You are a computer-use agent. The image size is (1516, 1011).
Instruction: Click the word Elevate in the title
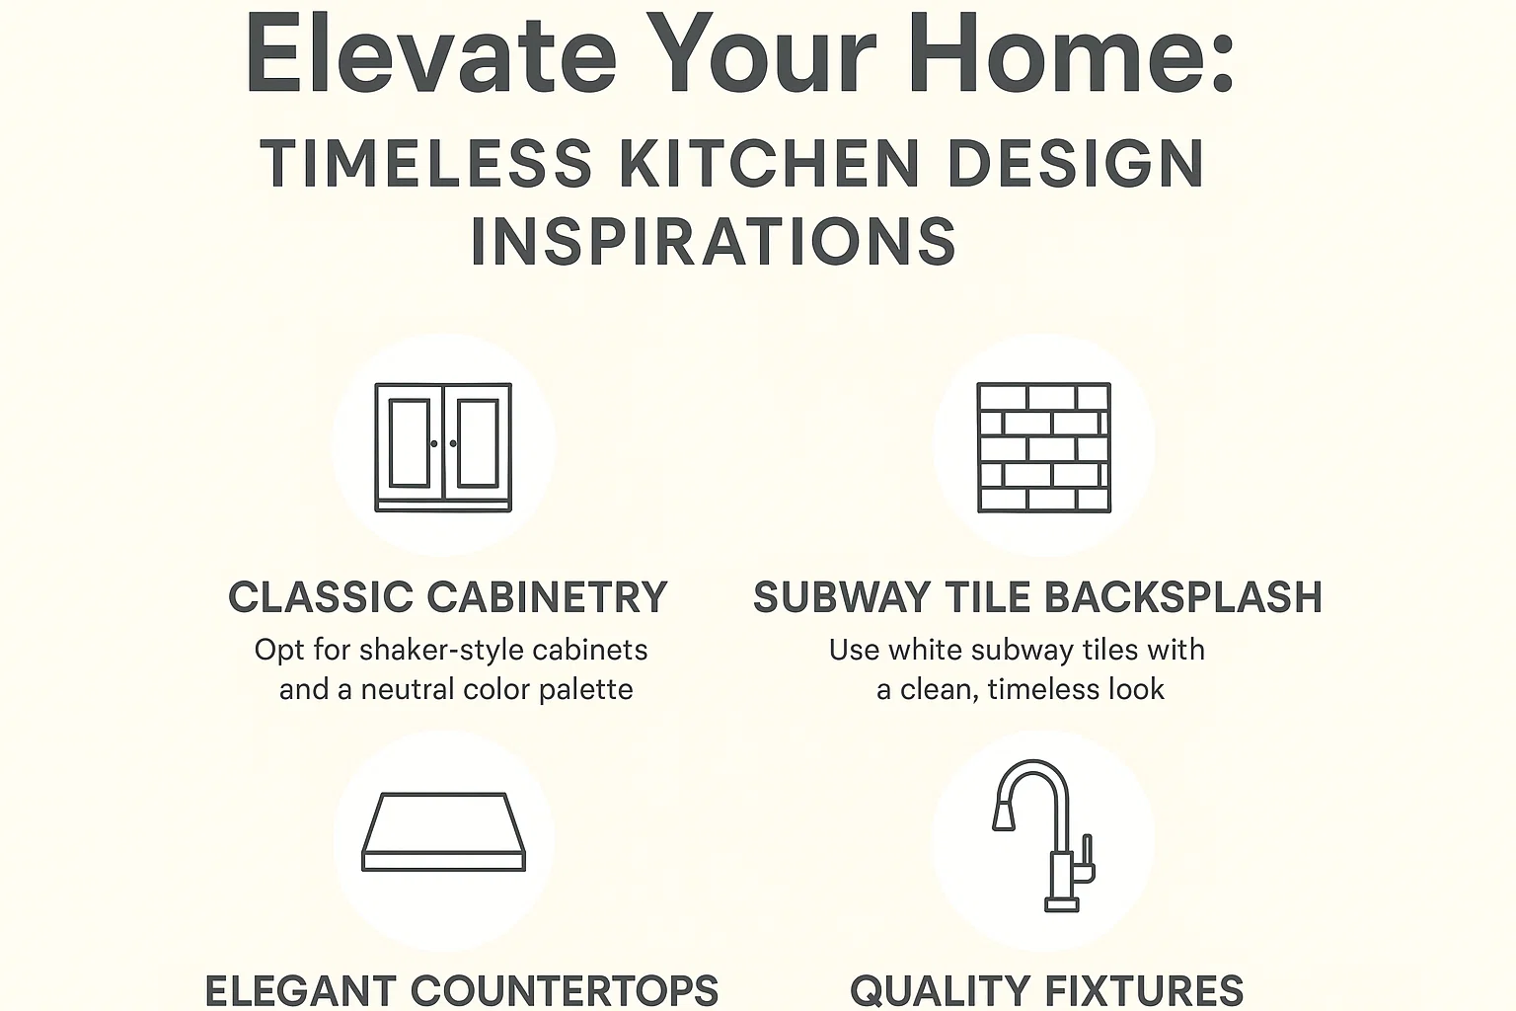pyautogui.click(x=431, y=54)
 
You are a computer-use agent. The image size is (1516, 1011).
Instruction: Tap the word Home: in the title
pyautogui.click(x=1070, y=54)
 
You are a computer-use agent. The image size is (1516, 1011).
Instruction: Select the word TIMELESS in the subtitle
pyautogui.click(x=426, y=164)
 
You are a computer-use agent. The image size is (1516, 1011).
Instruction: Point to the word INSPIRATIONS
pyautogui.click(x=713, y=242)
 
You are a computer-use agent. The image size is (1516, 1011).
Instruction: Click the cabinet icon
pyautogui.click(x=443, y=447)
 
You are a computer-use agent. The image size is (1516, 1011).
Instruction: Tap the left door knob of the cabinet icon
pyautogui.click(x=434, y=444)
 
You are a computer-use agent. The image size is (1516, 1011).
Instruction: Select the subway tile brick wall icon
pyautogui.click(x=1043, y=447)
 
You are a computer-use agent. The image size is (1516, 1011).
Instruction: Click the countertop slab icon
pyautogui.click(x=443, y=831)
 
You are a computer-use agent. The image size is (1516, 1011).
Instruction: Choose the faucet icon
pyautogui.click(x=1044, y=834)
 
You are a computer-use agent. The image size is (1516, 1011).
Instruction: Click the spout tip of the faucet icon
pyautogui.click(x=1003, y=817)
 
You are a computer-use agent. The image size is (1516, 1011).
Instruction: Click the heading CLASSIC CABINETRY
pyautogui.click(x=448, y=598)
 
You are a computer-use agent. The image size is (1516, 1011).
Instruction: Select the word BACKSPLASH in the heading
pyautogui.click(x=1182, y=598)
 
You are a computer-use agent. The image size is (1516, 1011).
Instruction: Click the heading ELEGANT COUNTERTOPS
pyautogui.click(x=461, y=990)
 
